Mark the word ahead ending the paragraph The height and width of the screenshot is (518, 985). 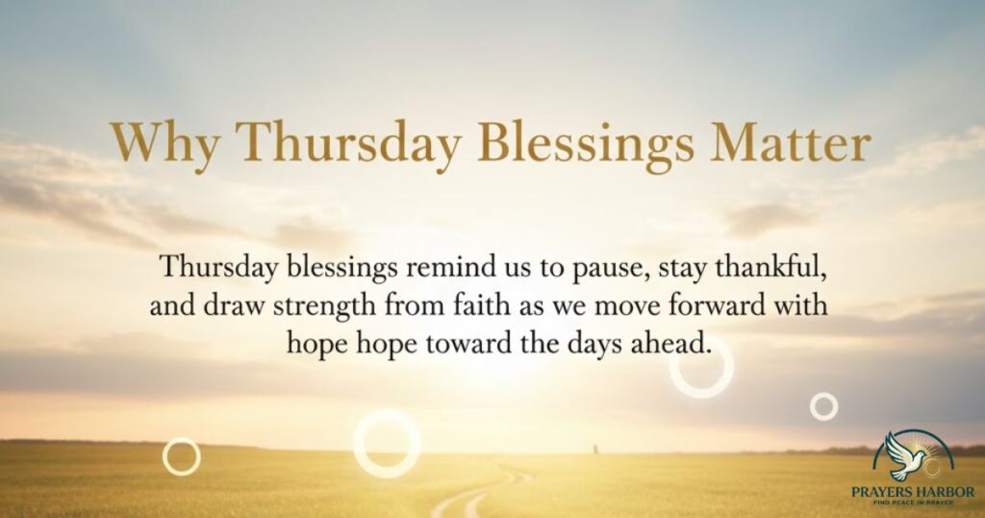[x=673, y=343]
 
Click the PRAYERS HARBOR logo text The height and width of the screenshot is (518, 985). [x=913, y=491]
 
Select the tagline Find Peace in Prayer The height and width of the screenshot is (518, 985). [x=913, y=503]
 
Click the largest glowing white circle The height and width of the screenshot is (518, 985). [x=387, y=443]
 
